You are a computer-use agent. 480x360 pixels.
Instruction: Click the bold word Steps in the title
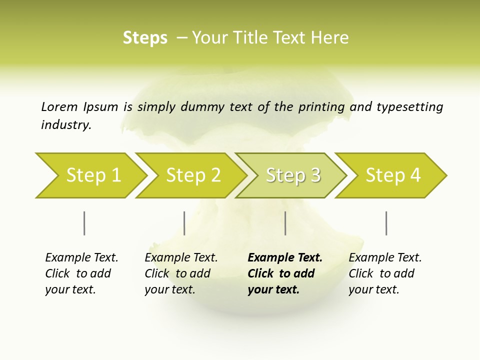point(145,38)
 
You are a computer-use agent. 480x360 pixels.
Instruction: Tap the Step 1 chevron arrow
point(92,175)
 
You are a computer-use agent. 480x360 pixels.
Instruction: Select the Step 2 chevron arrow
point(192,175)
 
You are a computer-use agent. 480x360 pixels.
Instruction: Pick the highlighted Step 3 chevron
point(292,175)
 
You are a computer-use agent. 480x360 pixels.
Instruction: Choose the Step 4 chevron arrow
point(392,175)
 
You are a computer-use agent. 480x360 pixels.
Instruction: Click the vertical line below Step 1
point(84,223)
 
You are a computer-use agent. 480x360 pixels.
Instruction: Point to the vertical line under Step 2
point(184,223)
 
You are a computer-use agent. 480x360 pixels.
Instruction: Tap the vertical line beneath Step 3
point(285,223)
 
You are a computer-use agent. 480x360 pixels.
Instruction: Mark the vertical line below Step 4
point(386,223)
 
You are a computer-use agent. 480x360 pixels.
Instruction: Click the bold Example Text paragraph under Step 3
point(284,273)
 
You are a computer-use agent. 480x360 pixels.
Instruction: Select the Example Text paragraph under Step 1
point(81,273)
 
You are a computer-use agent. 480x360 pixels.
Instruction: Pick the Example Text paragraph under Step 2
point(181,273)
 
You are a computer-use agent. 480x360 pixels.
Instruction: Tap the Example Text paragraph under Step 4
point(385,273)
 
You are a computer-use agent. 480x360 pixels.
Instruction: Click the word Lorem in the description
point(59,106)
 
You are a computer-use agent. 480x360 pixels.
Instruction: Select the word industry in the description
point(66,125)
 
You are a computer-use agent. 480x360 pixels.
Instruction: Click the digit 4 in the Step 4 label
point(414,175)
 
